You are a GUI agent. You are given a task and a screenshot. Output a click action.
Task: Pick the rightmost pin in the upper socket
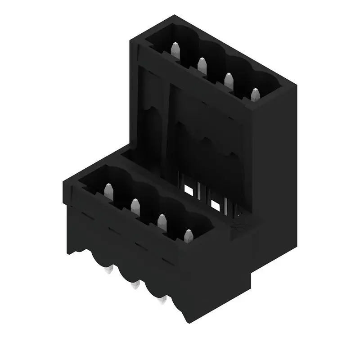255,95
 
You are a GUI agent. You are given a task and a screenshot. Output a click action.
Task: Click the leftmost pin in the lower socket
108,191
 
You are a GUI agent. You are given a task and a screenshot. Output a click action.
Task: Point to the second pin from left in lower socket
135,206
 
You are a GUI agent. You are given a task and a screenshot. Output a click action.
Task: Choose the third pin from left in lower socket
162,221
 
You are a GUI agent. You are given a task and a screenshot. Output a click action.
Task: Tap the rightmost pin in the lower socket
188,236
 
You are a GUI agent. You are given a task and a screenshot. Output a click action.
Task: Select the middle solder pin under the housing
134,285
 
